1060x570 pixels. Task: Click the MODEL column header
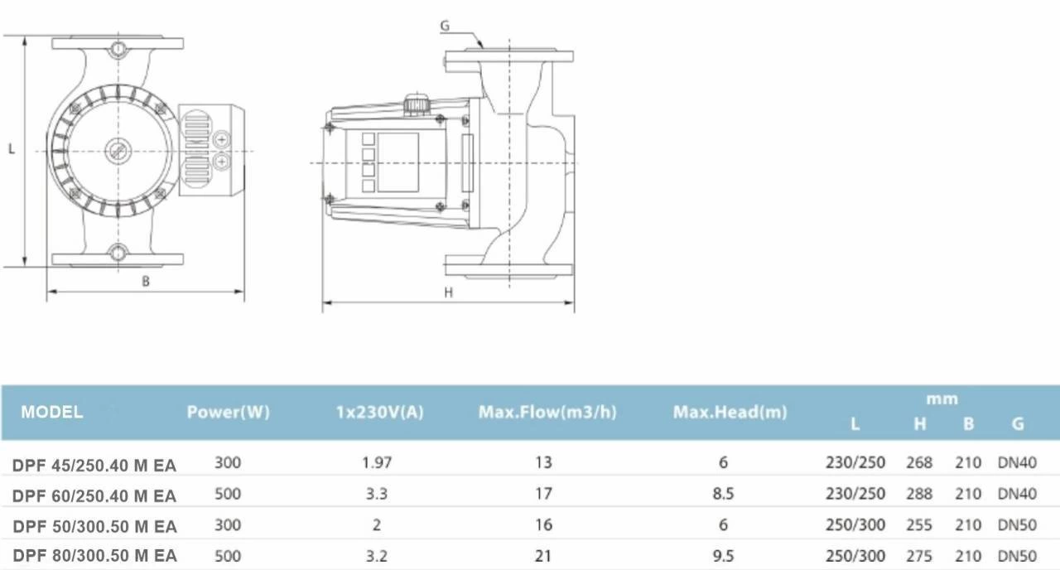[51, 412]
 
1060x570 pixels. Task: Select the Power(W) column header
[228, 412]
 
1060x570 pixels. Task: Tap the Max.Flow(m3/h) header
[547, 412]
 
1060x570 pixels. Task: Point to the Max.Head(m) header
[730, 412]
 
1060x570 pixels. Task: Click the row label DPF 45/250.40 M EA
[94, 466]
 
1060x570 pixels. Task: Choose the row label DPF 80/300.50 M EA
[94, 555]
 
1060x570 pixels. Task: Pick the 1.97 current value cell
[377, 462]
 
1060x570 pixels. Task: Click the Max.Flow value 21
[543, 555]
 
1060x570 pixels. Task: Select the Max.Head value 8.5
[723, 494]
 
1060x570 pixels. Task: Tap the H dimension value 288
[919, 494]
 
